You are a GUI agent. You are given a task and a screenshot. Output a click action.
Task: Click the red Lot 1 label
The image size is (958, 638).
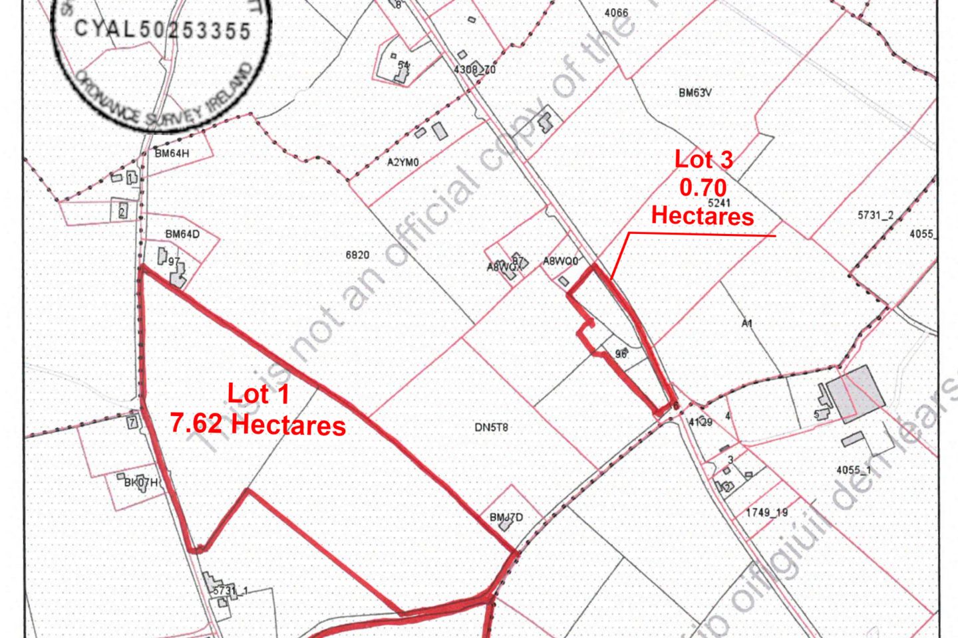(x=258, y=394)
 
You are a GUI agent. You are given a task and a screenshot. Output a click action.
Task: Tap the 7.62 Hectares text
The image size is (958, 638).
(x=258, y=424)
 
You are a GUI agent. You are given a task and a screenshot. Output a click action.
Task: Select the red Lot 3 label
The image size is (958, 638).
(x=703, y=159)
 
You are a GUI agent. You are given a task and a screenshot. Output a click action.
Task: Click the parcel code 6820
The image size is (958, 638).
(x=357, y=255)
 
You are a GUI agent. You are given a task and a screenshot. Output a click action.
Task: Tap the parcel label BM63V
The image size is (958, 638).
(x=695, y=93)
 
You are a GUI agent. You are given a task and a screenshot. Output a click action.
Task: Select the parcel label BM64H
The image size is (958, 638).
(x=172, y=154)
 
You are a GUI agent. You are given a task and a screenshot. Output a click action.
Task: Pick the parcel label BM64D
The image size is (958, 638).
(x=182, y=234)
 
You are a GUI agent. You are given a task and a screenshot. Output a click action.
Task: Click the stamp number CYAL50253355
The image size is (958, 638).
(x=162, y=29)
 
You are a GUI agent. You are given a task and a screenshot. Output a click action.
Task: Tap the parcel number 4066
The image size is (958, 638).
(x=616, y=13)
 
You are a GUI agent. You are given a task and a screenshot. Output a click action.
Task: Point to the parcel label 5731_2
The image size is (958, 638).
(x=875, y=215)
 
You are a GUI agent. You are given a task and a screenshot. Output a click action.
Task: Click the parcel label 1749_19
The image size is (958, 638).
(x=766, y=512)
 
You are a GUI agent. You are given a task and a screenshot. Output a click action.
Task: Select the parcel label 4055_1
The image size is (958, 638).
(x=854, y=470)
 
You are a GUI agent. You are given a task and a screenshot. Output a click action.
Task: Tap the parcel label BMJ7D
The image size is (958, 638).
(x=506, y=517)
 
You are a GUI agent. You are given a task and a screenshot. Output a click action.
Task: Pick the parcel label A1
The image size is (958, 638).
(x=746, y=324)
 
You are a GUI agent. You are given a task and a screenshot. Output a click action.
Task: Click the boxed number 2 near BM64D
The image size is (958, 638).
(x=122, y=213)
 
